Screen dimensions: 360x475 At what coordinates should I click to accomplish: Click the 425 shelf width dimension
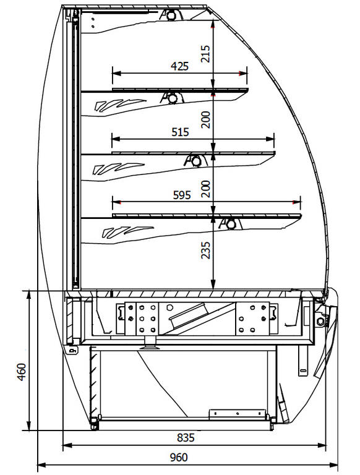click(180, 66)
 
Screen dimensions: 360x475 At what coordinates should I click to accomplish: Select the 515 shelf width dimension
click(180, 132)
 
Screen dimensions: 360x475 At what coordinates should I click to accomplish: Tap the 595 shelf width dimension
click(182, 195)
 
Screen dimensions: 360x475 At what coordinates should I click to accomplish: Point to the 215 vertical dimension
click(205, 54)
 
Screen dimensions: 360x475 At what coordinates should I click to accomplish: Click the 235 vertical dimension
click(205, 250)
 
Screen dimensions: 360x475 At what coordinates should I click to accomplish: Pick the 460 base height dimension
click(22, 372)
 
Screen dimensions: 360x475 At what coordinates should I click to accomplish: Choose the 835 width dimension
click(186, 437)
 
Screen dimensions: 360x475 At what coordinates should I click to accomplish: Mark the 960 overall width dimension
click(179, 457)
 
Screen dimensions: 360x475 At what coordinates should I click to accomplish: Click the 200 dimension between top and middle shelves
click(205, 119)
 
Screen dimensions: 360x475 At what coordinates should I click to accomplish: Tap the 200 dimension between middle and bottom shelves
click(205, 189)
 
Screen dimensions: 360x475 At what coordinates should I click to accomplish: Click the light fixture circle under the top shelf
click(173, 98)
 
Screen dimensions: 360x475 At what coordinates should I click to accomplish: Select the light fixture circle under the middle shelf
click(196, 161)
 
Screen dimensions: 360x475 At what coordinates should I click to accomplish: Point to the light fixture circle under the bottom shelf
click(231, 224)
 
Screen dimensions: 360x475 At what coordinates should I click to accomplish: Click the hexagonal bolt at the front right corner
click(320, 321)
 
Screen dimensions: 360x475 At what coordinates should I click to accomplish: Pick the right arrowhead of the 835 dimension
click(322, 445)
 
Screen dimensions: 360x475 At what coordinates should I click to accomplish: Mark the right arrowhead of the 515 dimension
click(270, 139)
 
